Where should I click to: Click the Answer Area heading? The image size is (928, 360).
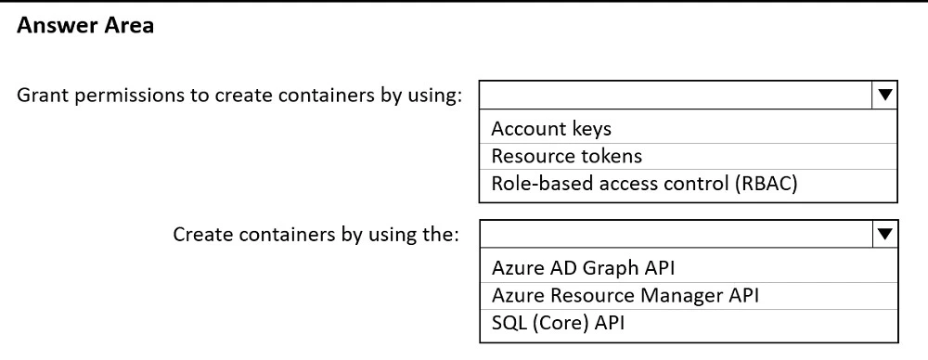[85, 27]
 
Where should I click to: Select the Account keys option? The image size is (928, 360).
[551, 129]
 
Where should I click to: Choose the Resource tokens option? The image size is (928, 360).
[566, 156]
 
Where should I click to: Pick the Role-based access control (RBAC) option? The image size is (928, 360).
[645, 183]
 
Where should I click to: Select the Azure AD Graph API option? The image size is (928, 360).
[583, 268]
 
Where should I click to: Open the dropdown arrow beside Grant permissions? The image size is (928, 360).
[884, 95]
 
